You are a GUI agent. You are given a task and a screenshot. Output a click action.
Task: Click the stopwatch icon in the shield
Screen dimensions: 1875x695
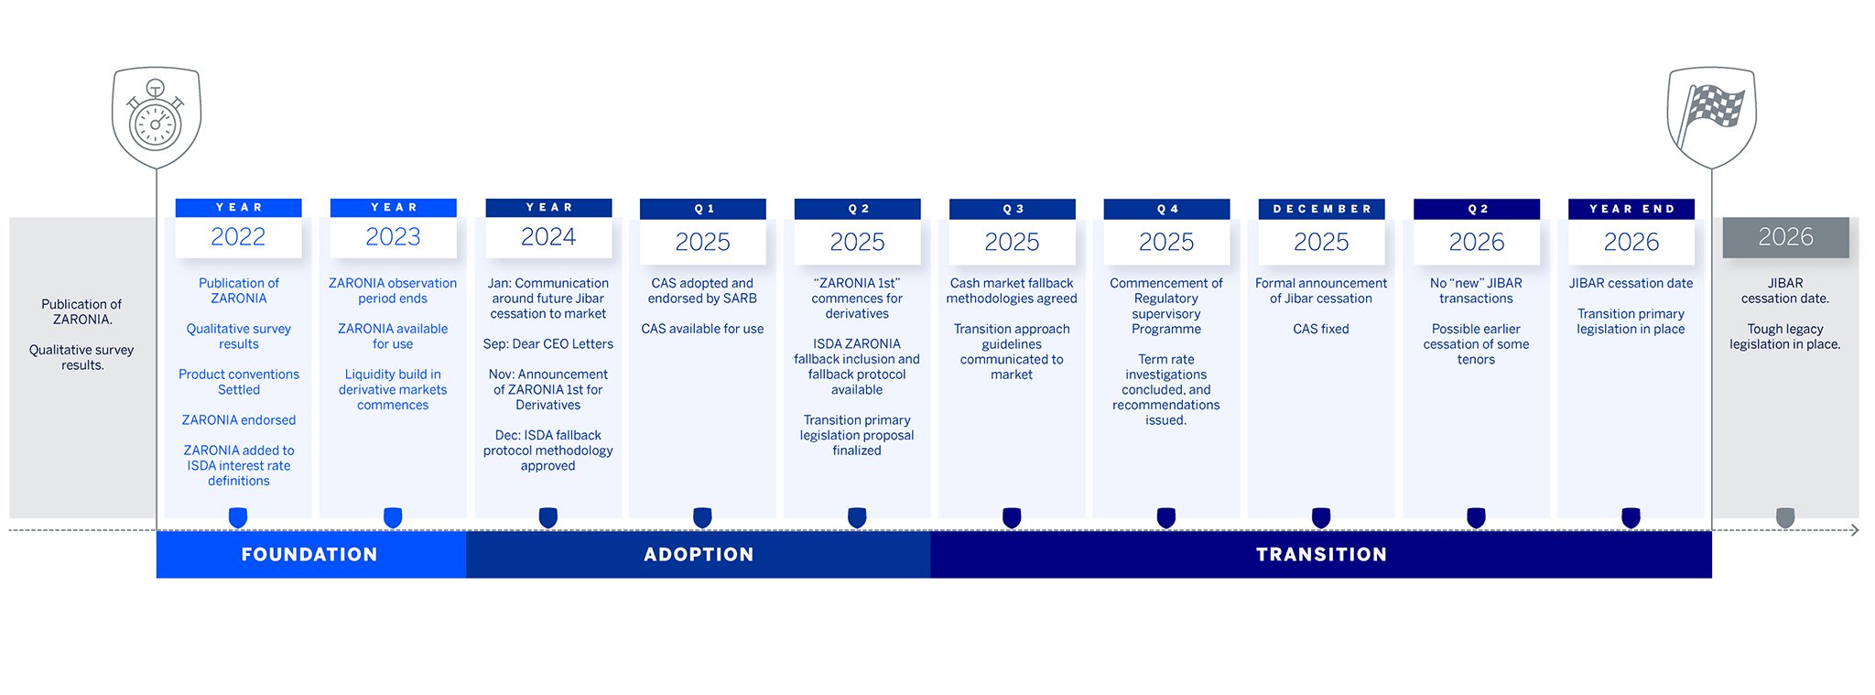156,116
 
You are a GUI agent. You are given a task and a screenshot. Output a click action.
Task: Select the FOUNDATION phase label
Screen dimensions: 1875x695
309,554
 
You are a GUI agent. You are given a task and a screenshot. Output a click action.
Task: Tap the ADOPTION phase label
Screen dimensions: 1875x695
699,554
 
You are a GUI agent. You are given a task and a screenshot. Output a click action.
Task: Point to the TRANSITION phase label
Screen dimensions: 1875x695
1321,554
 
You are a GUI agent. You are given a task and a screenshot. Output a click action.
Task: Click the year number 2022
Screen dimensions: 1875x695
238,237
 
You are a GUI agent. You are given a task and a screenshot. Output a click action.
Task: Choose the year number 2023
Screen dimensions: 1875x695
393,237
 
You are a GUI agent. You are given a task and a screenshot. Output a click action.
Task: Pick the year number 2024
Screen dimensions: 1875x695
547,237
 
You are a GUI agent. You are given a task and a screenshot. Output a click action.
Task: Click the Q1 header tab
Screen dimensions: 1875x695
702,209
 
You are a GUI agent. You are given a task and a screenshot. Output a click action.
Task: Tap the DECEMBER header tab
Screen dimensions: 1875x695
1321,209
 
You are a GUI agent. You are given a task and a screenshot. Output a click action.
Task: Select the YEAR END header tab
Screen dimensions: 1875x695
1631,209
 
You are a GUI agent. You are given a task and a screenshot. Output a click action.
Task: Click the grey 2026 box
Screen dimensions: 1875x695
1785,237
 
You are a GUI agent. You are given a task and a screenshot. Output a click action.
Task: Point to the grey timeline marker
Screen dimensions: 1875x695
1784,518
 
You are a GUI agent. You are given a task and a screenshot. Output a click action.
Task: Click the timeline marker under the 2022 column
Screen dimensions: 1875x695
238,518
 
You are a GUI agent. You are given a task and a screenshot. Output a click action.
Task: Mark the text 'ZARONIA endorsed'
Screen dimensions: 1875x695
239,420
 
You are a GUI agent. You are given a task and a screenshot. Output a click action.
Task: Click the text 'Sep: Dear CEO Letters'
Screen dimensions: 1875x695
548,344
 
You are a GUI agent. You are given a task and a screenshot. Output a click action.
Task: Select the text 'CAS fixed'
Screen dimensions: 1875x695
1321,329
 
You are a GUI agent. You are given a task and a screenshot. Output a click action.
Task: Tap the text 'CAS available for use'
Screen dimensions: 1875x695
702,329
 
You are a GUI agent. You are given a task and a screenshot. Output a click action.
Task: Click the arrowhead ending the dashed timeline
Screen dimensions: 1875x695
1855,530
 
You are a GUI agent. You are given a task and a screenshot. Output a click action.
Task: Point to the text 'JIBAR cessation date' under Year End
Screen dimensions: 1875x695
1631,283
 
